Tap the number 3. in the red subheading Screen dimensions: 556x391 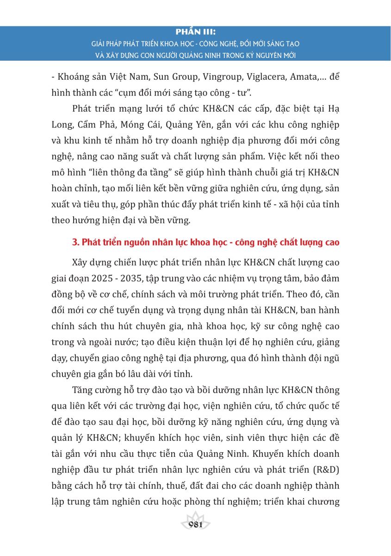[77, 243]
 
